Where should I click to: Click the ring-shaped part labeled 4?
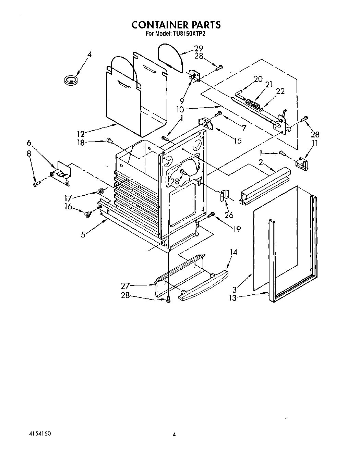(71, 80)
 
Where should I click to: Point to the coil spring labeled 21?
(253, 103)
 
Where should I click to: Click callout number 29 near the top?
(199, 48)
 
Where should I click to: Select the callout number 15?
(237, 140)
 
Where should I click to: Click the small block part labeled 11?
(301, 164)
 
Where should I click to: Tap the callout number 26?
(229, 215)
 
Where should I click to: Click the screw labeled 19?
(211, 215)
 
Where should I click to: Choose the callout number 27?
(125, 285)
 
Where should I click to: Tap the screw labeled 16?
(87, 214)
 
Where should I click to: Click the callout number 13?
(233, 297)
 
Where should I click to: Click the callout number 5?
(83, 235)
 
